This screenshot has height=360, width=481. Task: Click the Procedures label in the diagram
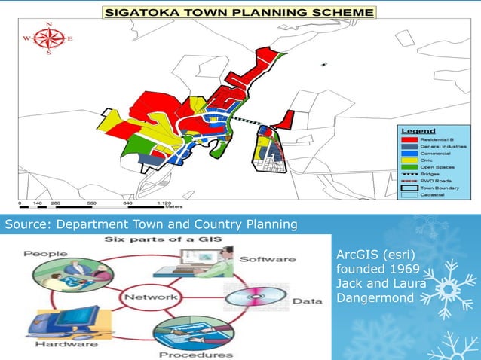pyautogui.click(x=196, y=354)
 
